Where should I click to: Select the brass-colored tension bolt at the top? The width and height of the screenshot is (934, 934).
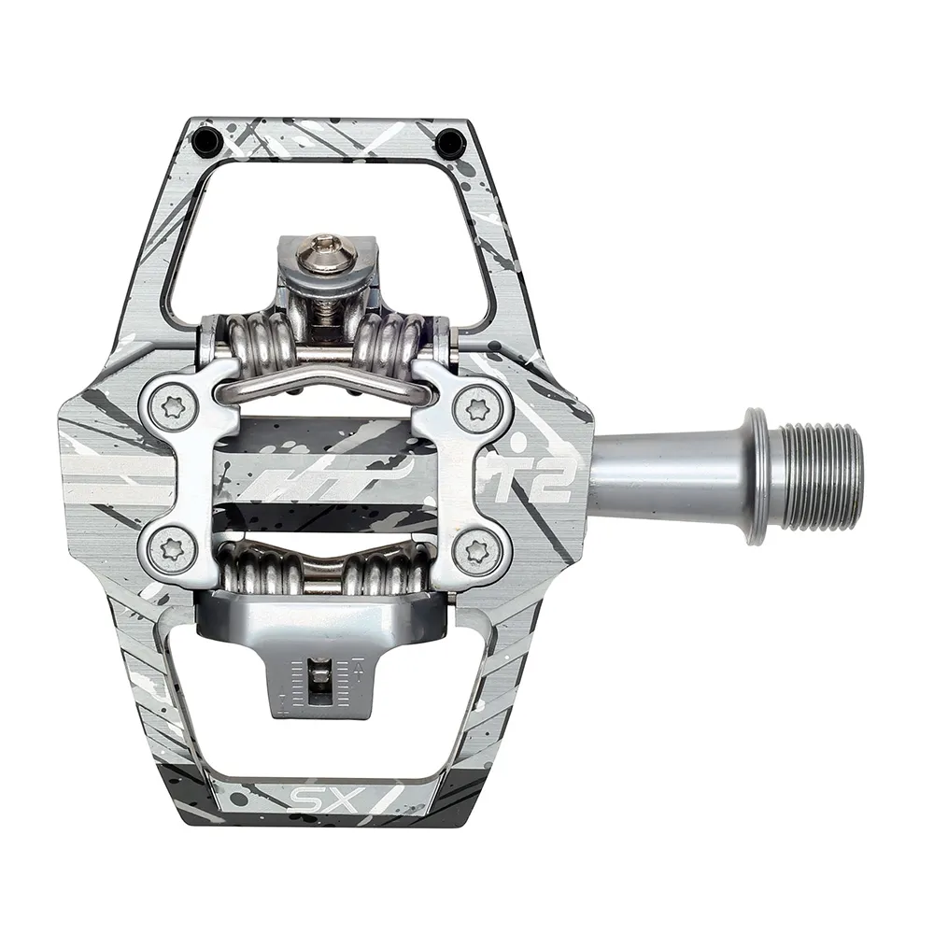coord(326,247)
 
